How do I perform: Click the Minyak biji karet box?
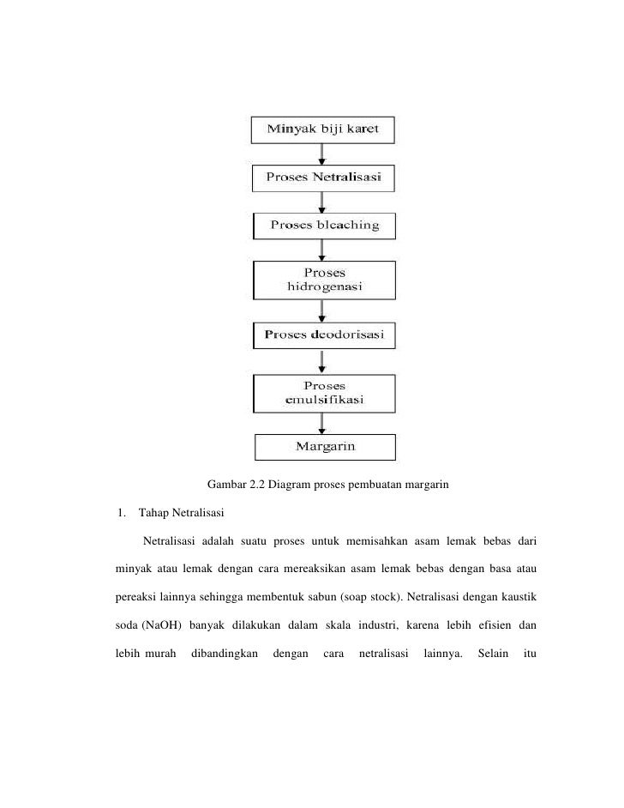323,130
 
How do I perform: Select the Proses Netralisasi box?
323,178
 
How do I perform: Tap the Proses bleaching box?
324,226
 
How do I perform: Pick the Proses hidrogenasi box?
324,280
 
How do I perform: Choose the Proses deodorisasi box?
324,334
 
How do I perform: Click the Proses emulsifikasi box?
324,392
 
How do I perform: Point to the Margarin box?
325,447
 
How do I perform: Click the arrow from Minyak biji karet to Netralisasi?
322,154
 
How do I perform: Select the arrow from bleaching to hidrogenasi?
322,250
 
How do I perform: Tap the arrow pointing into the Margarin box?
322,424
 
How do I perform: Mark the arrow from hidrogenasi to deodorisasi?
322,311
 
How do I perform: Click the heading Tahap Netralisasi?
181,514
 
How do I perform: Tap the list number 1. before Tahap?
122,514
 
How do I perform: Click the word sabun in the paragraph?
357,594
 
